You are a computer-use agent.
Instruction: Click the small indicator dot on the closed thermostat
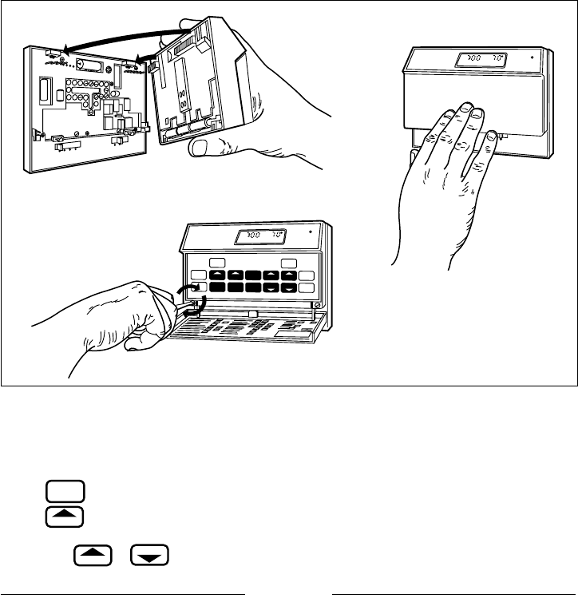tap(531, 57)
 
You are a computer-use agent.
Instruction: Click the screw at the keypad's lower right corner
tap(318, 305)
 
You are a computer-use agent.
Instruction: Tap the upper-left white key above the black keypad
tap(216, 263)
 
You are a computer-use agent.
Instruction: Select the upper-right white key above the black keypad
tap(291, 263)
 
